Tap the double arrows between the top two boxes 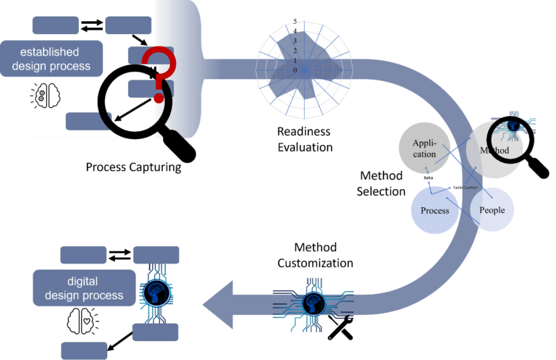tap(92, 25)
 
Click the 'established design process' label tap(51, 59)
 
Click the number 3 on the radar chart tap(295, 42)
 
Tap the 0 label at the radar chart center tap(295, 70)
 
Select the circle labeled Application tap(424, 148)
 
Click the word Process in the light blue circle tap(435, 211)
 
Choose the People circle tap(492, 210)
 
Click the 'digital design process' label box tap(84, 288)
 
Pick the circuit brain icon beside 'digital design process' tap(156, 291)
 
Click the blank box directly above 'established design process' tap(55, 25)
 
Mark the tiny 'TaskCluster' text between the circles tap(464, 187)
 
